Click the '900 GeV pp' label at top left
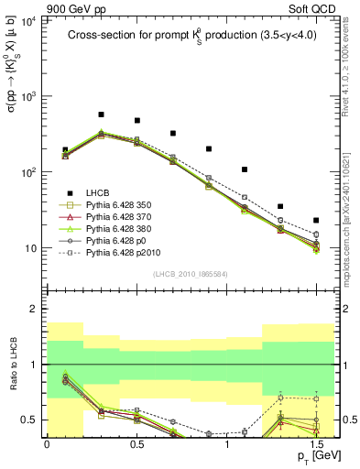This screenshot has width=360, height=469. [x=34, y=7]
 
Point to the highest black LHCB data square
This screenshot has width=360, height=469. [x=101, y=115]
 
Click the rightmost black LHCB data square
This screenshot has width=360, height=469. [x=316, y=220]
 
